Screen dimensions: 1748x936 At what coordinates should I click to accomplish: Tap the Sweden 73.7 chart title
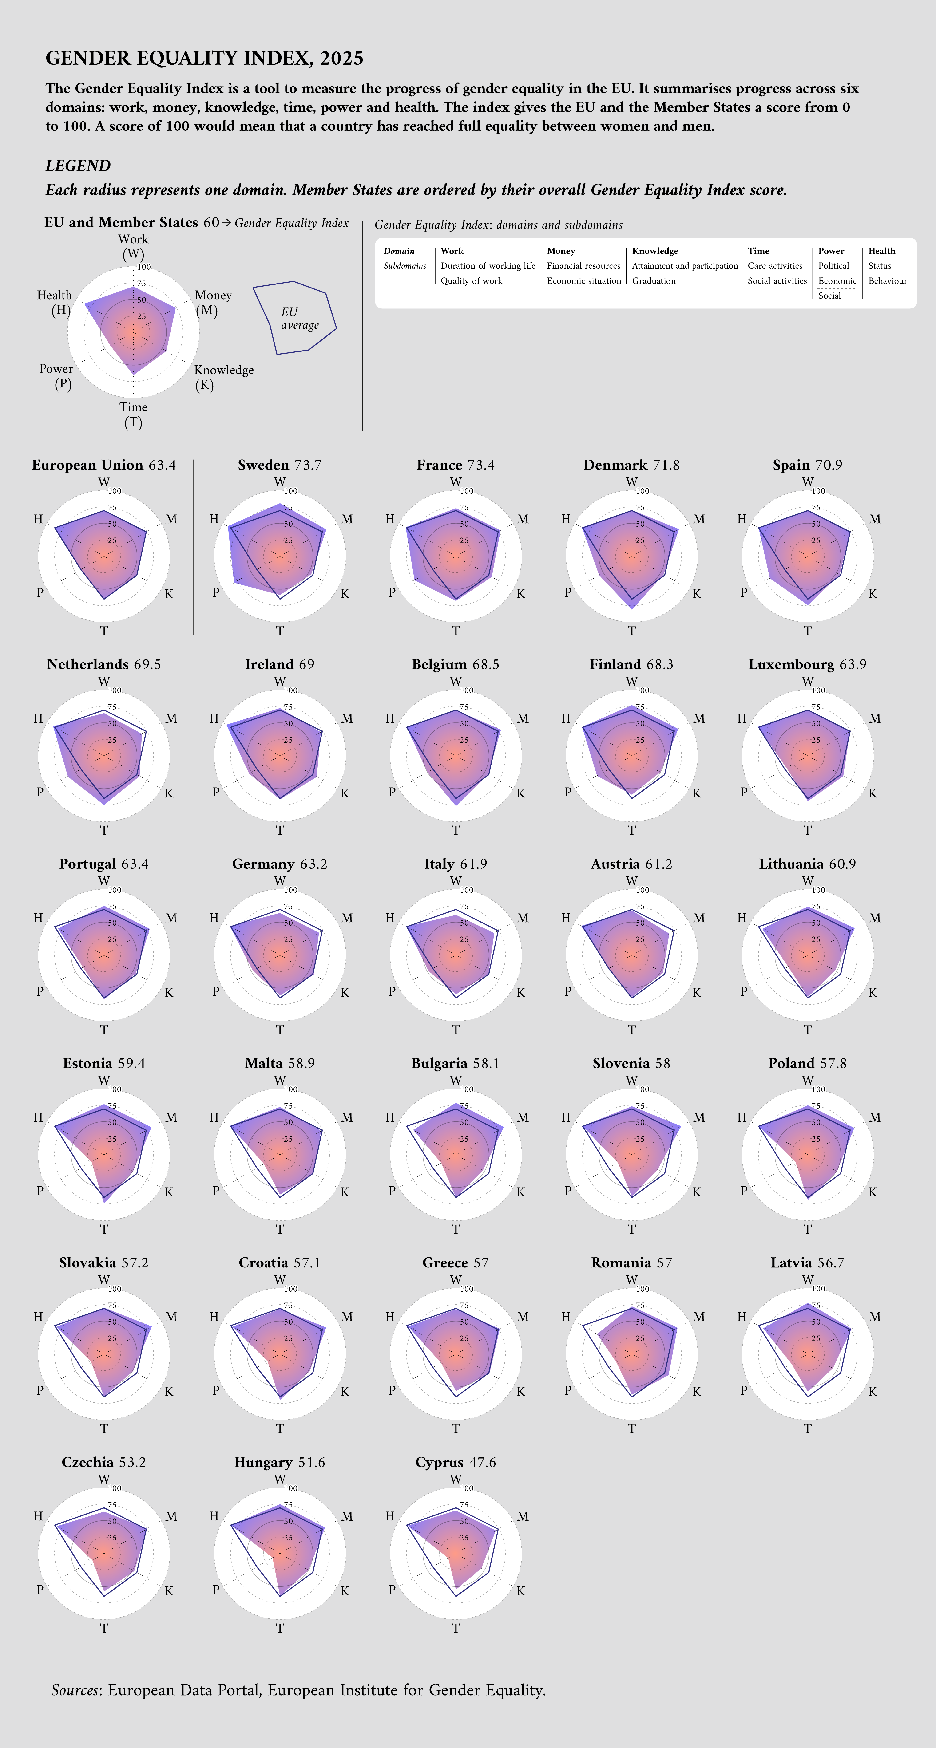click(280, 465)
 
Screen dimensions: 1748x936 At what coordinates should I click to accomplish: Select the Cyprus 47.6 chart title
click(456, 1462)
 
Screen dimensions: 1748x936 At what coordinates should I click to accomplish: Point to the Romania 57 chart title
click(631, 1263)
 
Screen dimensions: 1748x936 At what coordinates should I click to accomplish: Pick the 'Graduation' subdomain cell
click(654, 281)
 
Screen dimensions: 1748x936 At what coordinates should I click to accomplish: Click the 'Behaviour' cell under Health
click(887, 281)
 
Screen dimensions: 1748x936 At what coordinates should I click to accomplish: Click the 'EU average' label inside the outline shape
click(299, 318)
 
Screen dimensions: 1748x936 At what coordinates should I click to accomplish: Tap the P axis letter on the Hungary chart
click(216, 1589)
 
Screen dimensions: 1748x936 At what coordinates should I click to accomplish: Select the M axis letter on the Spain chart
click(875, 519)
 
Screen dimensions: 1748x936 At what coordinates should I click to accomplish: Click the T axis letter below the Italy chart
click(456, 1029)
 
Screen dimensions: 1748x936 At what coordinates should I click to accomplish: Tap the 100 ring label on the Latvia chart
click(819, 1289)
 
